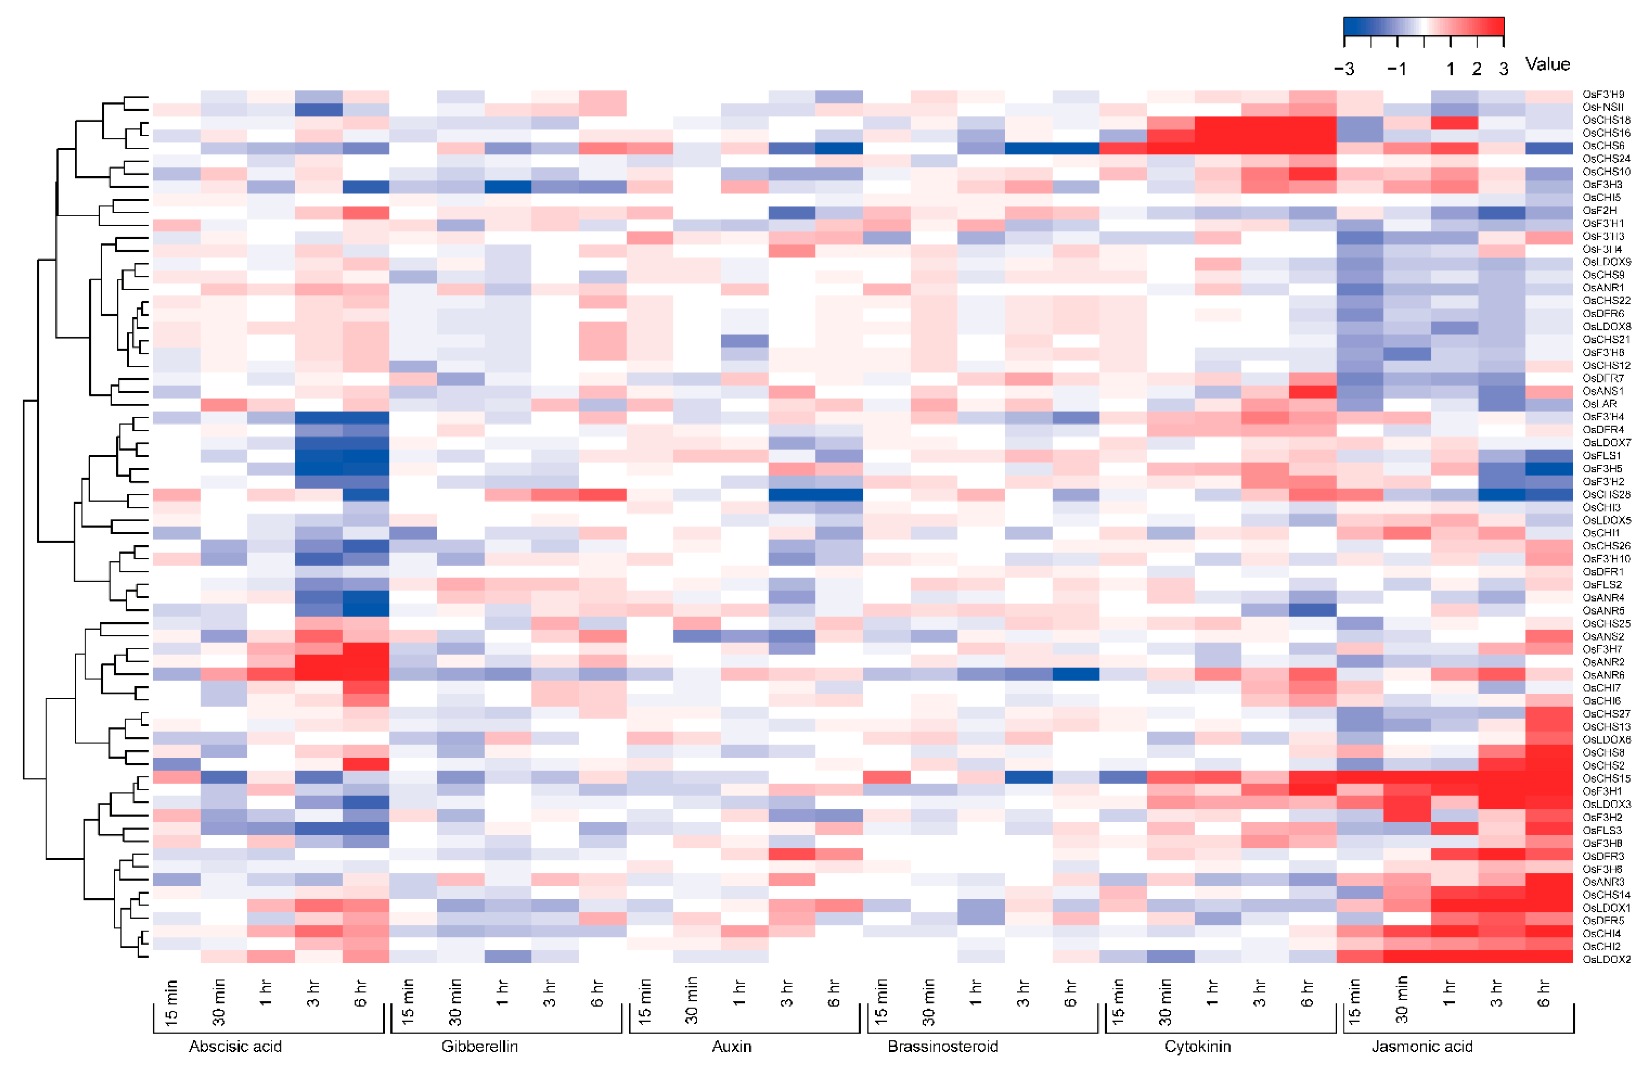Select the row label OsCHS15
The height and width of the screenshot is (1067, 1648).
pos(1606,778)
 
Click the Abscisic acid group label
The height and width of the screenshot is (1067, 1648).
pos(235,1046)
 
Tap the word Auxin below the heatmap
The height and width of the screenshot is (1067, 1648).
pos(731,1046)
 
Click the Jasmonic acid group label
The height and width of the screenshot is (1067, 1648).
pos(1422,1046)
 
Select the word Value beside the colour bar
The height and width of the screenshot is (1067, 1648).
pos(1547,64)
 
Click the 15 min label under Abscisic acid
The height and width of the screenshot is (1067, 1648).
pos(171,1002)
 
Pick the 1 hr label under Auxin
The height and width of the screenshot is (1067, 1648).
pos(739,993)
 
